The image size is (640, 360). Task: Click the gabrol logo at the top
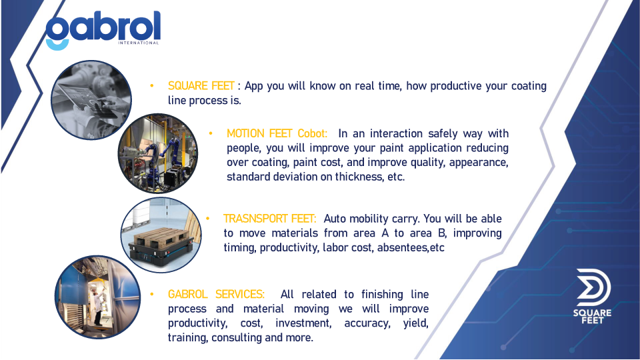[x=103, y=30]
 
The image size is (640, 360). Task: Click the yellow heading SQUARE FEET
[x=201, y=86]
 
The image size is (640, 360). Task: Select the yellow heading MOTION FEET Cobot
[x=277, y=133]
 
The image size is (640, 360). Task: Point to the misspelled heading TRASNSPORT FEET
[x=269, y=219]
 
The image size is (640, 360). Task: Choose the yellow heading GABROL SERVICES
[x=216, y=294]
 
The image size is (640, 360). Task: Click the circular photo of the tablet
[x=91, y=100]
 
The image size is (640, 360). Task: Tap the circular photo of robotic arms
[x=158, y=153]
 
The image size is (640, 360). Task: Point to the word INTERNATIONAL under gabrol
[x=138, y=43]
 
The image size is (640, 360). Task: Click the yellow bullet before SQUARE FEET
[x=152, y=86]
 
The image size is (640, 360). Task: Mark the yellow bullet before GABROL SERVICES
[x=152, y=294]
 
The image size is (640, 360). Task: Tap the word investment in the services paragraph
[x=303, y=323]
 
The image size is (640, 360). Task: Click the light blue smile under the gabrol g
[x=57, y=45]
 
